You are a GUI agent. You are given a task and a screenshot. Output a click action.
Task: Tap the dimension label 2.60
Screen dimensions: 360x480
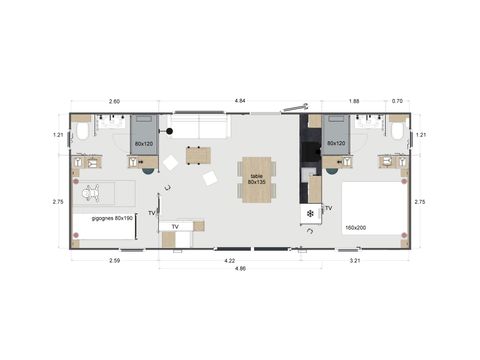[113, 101]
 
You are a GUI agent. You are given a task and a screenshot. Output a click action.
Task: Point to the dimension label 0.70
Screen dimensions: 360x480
[398, 101]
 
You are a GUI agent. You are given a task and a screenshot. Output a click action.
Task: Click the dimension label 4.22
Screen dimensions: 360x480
[232, 261]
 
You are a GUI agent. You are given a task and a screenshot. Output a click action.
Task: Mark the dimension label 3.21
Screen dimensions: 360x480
[356, 261]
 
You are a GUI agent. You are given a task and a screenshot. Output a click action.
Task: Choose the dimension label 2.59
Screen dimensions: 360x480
[114, 261]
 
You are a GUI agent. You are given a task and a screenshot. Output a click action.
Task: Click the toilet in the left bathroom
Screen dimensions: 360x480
[83, 130]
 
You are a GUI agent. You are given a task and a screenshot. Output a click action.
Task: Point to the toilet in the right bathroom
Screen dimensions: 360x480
[398, 130]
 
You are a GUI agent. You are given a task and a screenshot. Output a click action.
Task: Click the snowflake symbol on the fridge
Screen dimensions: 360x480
[311, 213]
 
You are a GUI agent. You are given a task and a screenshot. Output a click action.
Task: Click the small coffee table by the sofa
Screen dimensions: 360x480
[198, 155]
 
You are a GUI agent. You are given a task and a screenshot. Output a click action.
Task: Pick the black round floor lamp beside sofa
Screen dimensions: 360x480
[171, 132]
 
